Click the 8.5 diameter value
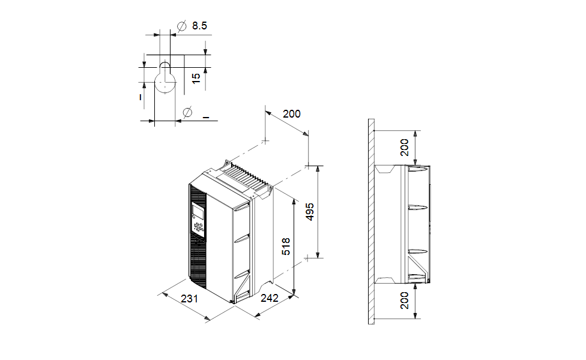tap(199, 26)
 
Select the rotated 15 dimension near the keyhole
tap(196, 78)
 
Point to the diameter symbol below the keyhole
tap(187, 112)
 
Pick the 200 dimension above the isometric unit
tap(291, 114)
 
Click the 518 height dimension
tap(286, 246)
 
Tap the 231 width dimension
tap(189, 298)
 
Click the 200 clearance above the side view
tap(405, 147)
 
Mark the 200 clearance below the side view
tap(405, 300)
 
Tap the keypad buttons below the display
tap(198, 227)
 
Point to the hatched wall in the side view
tap(372, 222)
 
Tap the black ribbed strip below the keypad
tap(199, 258)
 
